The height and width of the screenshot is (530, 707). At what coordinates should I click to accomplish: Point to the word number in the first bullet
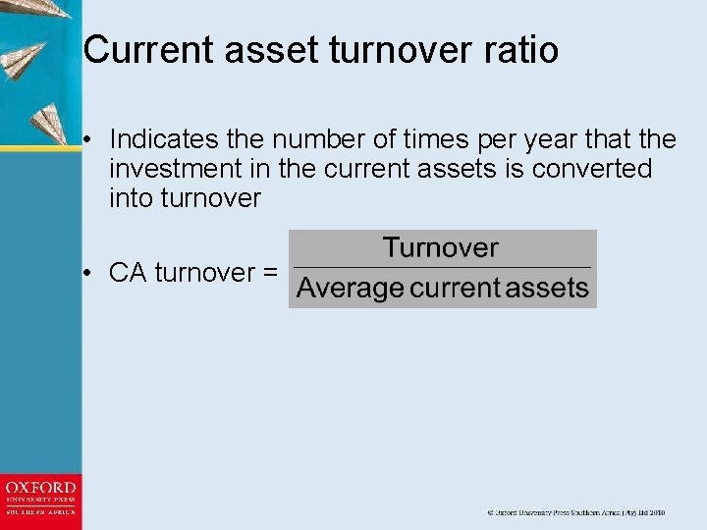tap(336, 139)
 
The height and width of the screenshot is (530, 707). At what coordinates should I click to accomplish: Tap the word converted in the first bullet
tap(592, 169)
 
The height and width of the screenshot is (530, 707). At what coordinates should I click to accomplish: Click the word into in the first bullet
tap(130, 198)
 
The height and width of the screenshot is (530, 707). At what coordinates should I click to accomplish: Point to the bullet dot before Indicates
tap(88, 140)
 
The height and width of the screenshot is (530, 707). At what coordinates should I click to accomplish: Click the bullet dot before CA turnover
tap(88, 273)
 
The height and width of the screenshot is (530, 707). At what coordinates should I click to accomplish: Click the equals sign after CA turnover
tap(269, 273)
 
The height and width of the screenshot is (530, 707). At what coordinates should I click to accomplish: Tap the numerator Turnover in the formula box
tap(441, 248)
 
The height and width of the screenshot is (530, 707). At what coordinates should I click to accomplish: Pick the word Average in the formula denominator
tap(350, 289)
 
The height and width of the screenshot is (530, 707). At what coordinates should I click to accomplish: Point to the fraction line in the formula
tap(442, 267)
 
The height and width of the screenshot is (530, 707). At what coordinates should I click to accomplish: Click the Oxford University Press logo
tap(40, 502)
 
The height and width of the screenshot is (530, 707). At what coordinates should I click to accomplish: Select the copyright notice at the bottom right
tap(576, 512)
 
